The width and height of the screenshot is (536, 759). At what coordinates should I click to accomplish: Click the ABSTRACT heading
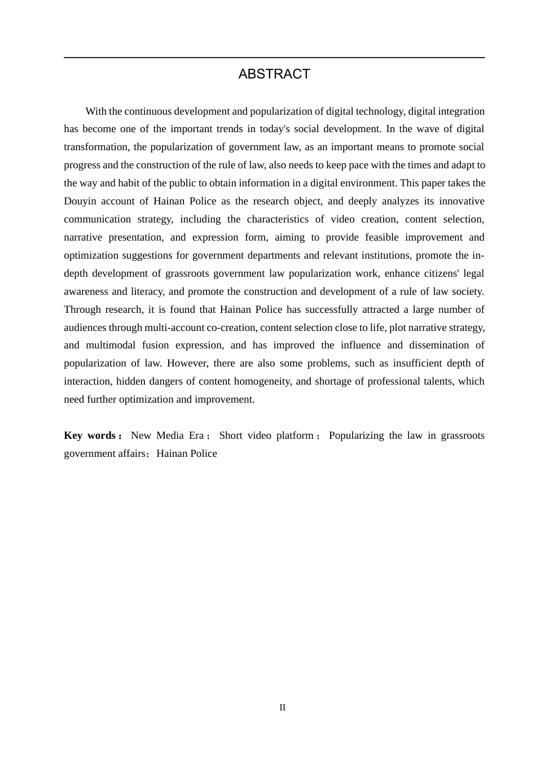tap(274, 74)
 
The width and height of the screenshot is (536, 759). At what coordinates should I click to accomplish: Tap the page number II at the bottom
tap(283, 708)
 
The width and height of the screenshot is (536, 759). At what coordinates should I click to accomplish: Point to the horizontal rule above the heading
tap(274, 58)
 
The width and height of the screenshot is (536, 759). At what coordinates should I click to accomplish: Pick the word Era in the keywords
tap(196, 435)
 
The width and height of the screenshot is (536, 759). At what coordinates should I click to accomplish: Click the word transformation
tap(96, 147)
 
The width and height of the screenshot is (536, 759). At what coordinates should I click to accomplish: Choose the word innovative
tap(462, 201)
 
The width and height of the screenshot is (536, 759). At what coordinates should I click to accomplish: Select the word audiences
tap(85, 328)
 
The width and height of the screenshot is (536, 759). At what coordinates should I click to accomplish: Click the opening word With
tap(95, 111)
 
